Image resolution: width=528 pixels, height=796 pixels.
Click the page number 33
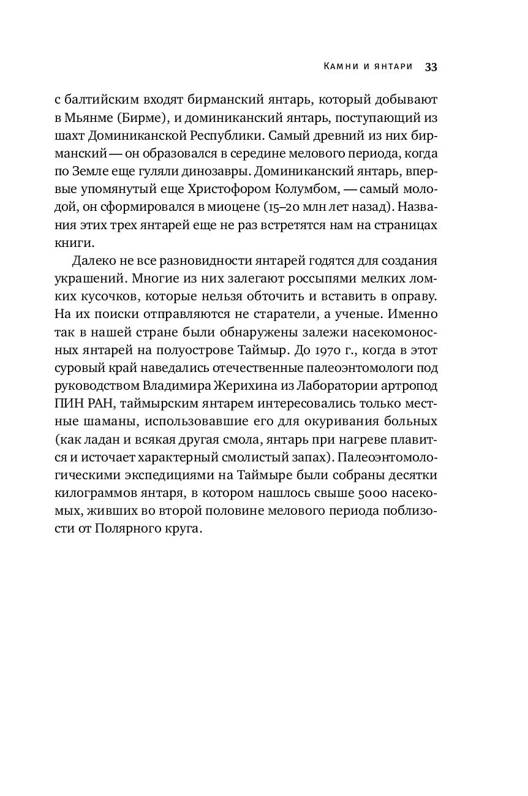click(430, 67)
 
